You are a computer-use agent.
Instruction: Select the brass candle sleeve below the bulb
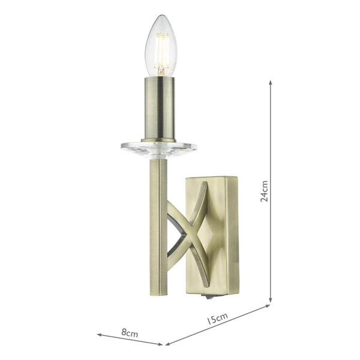pyautogui.click(x=158, y=108)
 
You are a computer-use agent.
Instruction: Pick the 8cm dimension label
pyautogui.click(x=129, y=331)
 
